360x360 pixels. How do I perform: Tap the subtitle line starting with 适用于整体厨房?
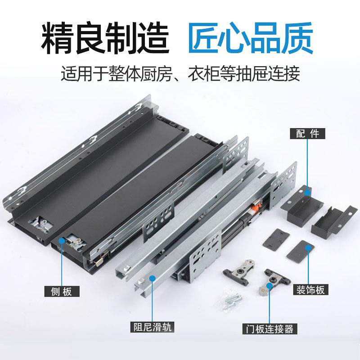[180, 73]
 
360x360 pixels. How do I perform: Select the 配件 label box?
[308, 134]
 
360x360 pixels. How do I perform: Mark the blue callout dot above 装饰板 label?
[308, 247]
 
